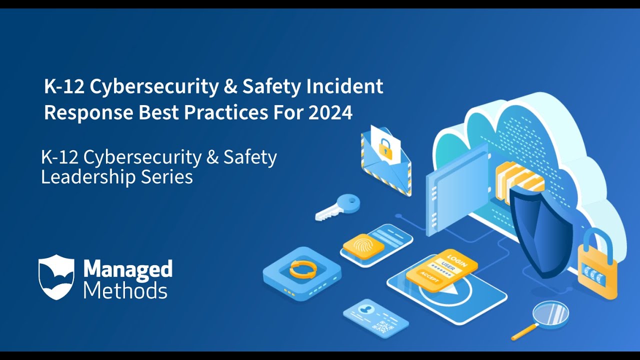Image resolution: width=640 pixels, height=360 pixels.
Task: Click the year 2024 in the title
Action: click(x=330, y=112)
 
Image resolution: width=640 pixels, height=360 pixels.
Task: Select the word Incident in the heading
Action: click(x=345, y=86)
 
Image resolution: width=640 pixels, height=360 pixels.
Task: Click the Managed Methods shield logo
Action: click(x=56, y=277)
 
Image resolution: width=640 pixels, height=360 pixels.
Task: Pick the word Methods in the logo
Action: click(x=125, y=290)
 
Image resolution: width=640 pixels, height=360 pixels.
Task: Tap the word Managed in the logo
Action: click(x=127, y=269)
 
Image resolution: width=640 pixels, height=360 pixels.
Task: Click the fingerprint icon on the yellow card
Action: click(x=363, y=245)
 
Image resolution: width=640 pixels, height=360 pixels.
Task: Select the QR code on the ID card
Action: click(x=382, y=327)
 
